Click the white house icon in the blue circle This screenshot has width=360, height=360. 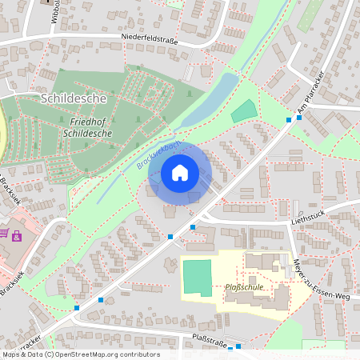[180, 173]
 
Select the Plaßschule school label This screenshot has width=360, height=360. [244, 286]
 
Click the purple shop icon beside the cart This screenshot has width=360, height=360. [16, 234]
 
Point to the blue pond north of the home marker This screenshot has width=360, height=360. [210, 100]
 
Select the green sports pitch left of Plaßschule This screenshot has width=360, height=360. [197, 278]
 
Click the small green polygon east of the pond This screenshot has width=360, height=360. [246, 112]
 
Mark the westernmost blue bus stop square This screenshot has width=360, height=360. [77, 308]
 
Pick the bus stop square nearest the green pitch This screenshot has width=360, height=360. [193, 227]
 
